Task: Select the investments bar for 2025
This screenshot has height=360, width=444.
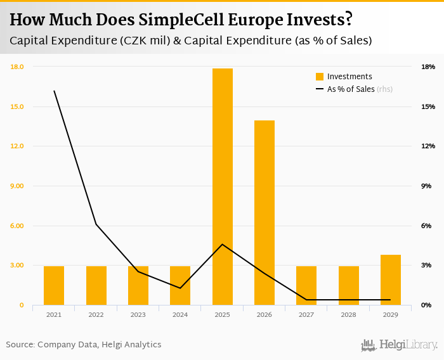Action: click(x=223, y=186)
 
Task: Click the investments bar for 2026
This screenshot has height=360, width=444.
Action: click(x=264, y=212)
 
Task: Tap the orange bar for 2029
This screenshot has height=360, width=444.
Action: click(x=391, y=280)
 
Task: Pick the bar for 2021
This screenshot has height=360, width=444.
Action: click(x=54, y=285)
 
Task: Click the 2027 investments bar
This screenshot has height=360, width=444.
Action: click(x=306, y=285)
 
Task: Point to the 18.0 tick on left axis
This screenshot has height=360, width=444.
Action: click(x=17, y=67)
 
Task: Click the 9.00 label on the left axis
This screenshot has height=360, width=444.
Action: click(x=17, y=186)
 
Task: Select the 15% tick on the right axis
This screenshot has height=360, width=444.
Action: click(x=428, y=106)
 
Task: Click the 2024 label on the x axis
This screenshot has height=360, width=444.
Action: click(x=180, y=314)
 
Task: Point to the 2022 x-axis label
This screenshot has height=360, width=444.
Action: click(x=96, y=314)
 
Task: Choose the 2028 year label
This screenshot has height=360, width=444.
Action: click(x=348, y=314)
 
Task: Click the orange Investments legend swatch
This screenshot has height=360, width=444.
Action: click(x=320, y=77)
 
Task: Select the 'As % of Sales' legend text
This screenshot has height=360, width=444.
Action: click(x=351, y=89)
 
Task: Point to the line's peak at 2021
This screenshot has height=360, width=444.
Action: click(x=55, y=91)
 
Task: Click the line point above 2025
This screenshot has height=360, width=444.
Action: click(x=223, y=244)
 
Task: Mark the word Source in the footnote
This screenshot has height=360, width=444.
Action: click(x=20, y=345)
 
